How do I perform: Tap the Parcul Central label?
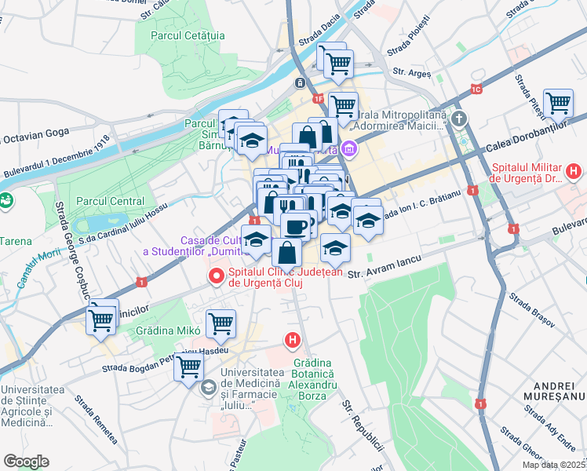tap(110, 201)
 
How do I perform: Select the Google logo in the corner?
tap(26, 462)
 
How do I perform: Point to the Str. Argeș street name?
tap(413, 73)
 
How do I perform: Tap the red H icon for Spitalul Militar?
tap(574, 170)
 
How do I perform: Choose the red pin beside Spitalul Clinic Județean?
tap(215, 276)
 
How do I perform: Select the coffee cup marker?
tap(296, 226)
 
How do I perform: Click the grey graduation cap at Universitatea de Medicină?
tap(210, 387)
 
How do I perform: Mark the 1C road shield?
tap(476, 89)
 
